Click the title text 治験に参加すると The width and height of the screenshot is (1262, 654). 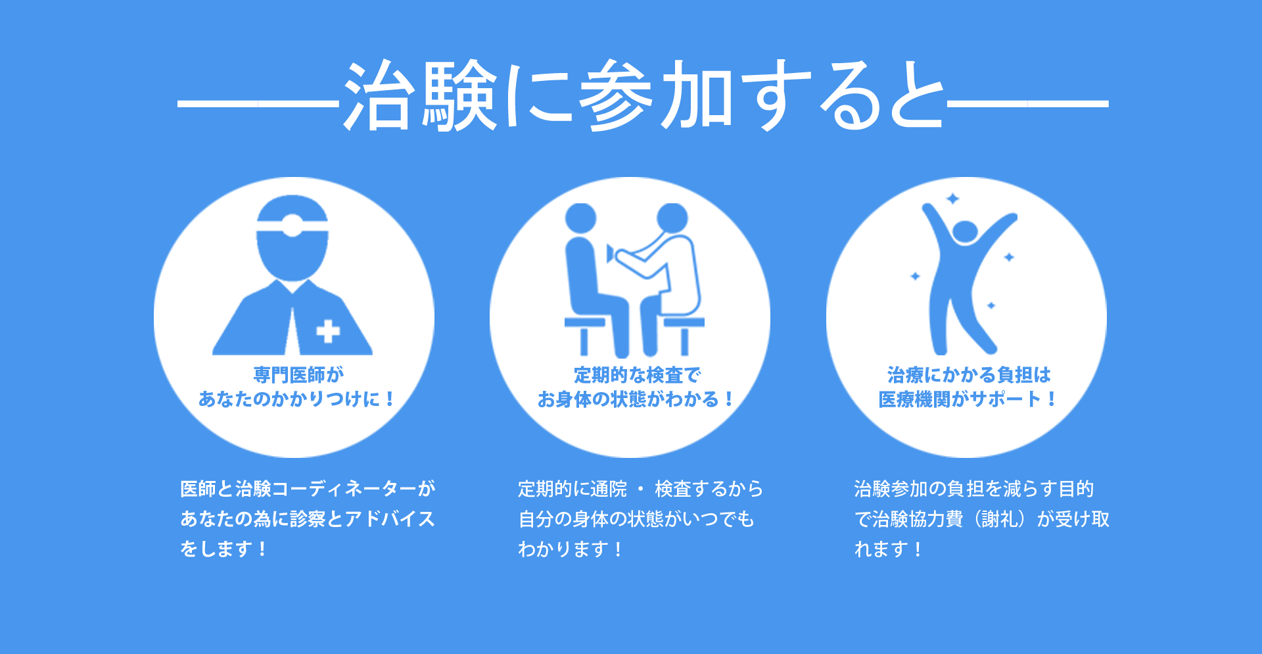(644, 95)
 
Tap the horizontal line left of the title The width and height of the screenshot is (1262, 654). (258, 104)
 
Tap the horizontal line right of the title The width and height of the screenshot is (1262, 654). (1028, 104)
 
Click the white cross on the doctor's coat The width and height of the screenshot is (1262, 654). (328, 331)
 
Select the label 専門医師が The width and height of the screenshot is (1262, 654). (298, 375)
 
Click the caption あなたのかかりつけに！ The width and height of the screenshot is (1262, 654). (296, 399)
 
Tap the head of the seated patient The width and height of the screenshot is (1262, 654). (580, 218)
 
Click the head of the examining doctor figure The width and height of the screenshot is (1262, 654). (672, 218)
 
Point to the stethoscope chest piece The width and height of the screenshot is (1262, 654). (611, 253)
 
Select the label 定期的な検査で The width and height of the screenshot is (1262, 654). (637, 375)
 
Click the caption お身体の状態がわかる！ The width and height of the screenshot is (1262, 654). (636, 399)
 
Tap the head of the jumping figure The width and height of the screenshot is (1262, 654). (965, 232)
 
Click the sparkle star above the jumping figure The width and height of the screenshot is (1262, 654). (952, 199)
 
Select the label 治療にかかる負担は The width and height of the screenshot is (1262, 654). (969, 375)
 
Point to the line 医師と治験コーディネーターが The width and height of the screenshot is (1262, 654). (308, 489)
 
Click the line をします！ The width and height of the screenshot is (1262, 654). (224, 549)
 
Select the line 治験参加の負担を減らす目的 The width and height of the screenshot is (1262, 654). (974, 489)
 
